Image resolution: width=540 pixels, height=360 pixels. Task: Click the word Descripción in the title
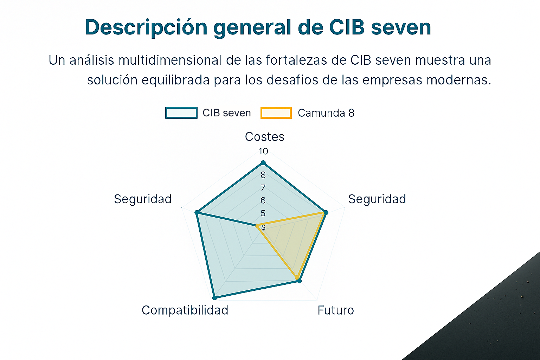(x=146, y=27)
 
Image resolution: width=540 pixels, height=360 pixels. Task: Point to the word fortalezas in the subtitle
(x=296, y=60)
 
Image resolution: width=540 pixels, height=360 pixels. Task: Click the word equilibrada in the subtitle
(x=175, y=80)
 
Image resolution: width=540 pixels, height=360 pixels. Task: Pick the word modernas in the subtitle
(x=459, y=80)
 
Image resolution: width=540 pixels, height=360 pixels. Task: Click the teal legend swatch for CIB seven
(x=181, y=113)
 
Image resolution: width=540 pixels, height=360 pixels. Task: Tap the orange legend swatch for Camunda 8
(x=276, y=113)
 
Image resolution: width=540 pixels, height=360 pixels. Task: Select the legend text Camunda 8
(x=326, y=113)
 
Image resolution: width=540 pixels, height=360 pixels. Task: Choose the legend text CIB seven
(x=227, y=113)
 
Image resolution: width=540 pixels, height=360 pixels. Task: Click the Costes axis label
(x=265, y=137)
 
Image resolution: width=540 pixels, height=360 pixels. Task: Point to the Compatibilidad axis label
(x=185, y=310)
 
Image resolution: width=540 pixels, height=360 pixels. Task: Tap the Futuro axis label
(x=336, y=310)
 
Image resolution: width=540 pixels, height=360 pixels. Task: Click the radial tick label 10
(x=263, y=152)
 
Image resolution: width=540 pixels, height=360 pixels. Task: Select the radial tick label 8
(x=263, y=175)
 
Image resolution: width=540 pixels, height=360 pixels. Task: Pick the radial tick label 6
(x=263, y=200)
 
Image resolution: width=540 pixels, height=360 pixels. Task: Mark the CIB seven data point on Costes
(x=263, y=163)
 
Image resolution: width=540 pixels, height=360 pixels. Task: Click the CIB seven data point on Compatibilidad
(x=214, y=298)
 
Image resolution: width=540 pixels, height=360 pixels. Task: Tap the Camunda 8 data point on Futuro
(x=297, y=277)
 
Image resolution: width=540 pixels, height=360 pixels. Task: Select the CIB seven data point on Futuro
(x=300, y=281)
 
